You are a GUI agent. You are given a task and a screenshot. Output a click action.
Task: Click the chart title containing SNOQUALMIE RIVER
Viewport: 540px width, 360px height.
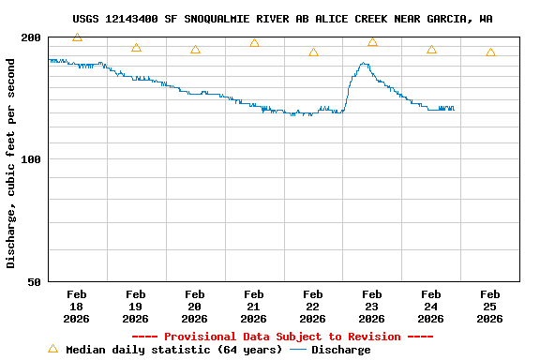(282, 19)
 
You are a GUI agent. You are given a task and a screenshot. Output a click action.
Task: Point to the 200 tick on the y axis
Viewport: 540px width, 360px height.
(32, 37)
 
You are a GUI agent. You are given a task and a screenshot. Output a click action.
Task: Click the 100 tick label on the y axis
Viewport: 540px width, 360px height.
(32, 159)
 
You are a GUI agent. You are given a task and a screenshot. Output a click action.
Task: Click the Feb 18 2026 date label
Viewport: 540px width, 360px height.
(77, 307)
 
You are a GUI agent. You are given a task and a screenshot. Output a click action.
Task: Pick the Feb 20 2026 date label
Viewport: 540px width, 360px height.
(195, 307)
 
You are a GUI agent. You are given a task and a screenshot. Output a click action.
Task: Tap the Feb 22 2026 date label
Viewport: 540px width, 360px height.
(313, 307)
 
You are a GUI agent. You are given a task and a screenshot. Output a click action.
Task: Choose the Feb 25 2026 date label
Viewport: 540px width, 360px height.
(490, 307)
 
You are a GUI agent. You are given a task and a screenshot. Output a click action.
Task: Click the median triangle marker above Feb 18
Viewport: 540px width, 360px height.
(77, 37)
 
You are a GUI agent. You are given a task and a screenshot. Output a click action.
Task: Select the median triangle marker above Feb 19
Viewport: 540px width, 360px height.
(136, 48)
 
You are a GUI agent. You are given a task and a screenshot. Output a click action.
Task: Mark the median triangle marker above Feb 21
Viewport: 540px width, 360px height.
(254, 43)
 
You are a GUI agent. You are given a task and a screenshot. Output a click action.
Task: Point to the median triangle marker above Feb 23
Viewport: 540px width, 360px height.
(372, 42)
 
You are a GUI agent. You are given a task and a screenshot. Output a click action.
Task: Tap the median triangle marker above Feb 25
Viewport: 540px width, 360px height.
(490, 52)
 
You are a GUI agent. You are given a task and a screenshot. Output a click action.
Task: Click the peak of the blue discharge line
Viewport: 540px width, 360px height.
(364, 64)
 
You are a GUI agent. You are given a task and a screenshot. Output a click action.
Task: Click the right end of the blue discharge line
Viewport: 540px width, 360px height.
(454, 110)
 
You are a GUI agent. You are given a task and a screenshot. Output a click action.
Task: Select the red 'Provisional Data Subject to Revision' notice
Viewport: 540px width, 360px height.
(282, 337)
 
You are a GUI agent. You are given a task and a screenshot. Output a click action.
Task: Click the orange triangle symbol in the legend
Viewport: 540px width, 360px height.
(52, 349)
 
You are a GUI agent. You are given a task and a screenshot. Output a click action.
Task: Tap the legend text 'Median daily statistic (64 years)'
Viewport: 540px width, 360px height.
(173, 350)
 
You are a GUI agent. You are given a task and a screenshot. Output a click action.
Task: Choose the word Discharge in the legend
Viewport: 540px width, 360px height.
(340, 350)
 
